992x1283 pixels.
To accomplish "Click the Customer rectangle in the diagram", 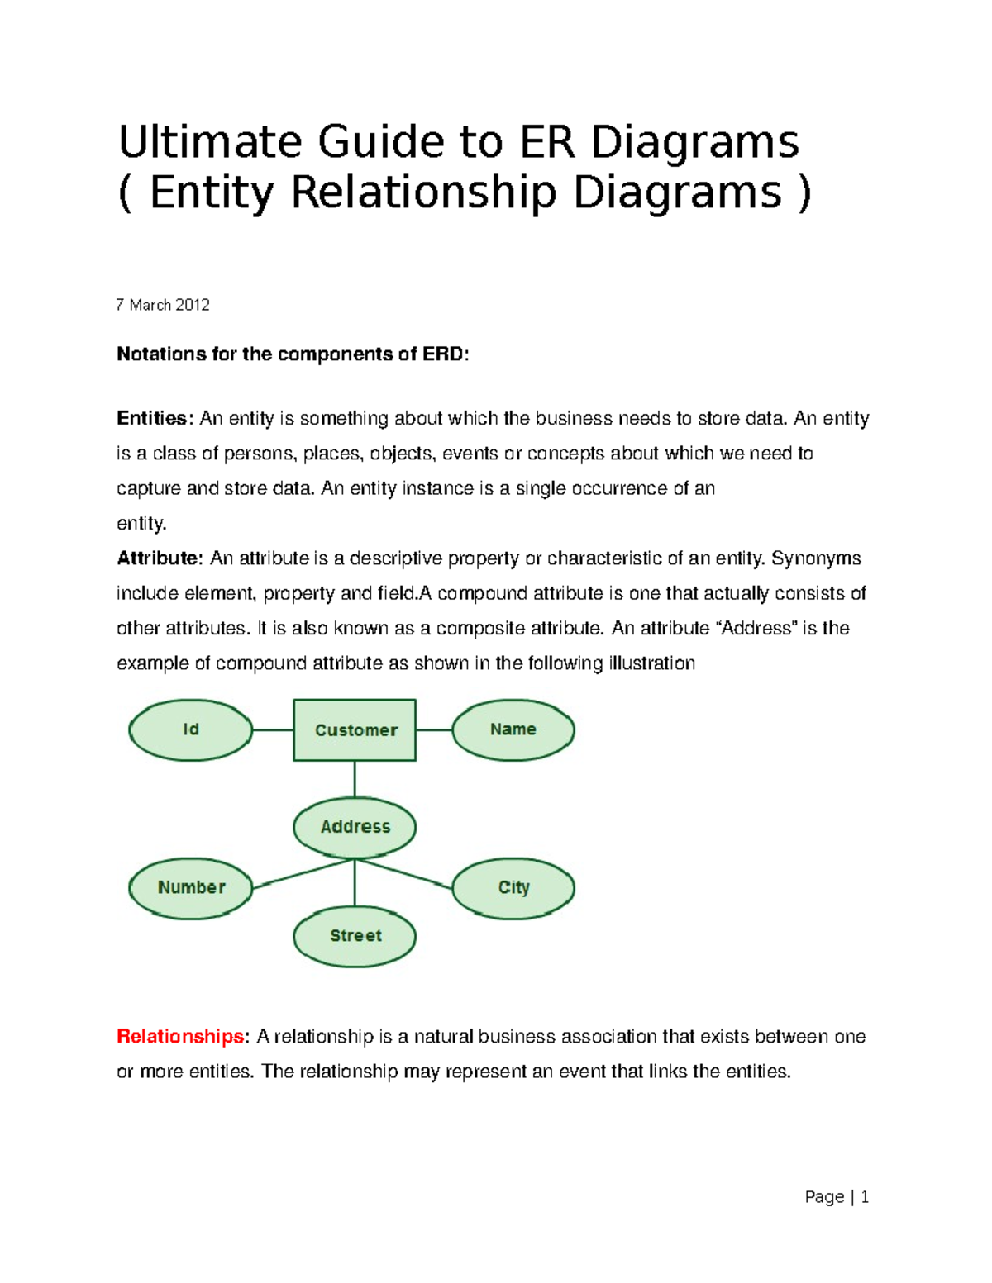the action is click(x=355, y=730).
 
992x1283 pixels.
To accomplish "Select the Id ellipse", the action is click(x=190, y=730).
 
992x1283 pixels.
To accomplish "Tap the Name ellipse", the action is click(x=513, y=730).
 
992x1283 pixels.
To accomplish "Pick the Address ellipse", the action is click(x=355, y=827).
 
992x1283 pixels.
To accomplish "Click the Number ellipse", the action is click(x=191, y=888).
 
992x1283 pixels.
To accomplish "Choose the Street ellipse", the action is click(x=355, y=936).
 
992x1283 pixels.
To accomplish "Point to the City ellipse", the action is click(x=513, y=888).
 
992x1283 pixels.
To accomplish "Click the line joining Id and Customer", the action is click(x=273, y=730).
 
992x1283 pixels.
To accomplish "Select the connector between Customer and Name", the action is click(x=434, y=730).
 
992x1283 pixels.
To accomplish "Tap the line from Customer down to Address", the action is click(x=355, y=779).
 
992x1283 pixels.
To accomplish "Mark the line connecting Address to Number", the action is click(x=303, y=874).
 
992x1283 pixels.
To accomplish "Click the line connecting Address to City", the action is click(x=405, y=874).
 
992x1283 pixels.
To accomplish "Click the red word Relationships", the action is click(x=179, y=1036).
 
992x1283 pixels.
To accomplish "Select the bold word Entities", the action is click(x=154, y=418).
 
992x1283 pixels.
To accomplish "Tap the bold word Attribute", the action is click(x=158, y=558).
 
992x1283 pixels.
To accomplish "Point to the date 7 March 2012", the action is click(x=163, y=305).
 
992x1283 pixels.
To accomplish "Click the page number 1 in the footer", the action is click(x=865, y=1197).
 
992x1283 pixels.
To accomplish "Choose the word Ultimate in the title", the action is click(x=210, y=142).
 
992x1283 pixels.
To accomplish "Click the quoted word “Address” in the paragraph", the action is click(x=756, y=629).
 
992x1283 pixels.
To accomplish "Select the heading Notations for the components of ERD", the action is click(x=292, y=354).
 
